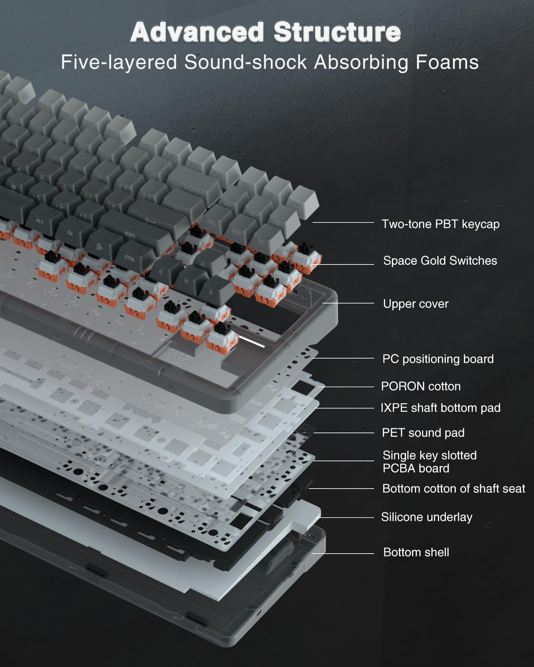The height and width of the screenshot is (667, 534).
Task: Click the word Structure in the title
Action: tap(337, 33)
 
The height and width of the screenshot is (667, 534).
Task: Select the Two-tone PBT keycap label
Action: tap(440, 224)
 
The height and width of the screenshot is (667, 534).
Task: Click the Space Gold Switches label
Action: tap(440, 261)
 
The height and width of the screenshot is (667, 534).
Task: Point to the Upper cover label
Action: tap(415, 304)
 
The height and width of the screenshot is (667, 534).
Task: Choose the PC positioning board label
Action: tap(438, 359)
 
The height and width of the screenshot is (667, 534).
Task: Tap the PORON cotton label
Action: tap(421, 386)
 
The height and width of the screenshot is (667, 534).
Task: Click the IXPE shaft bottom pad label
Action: tap(440, 408)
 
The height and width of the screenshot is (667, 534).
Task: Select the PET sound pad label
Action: tap(423, 433)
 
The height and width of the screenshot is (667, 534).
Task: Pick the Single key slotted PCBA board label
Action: tap(429, 462)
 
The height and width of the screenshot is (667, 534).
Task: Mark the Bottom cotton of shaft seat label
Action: tap(453, 489)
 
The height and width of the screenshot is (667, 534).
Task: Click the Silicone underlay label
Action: tap(426, 517)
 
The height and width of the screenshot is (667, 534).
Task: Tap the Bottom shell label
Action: tap(416, 553)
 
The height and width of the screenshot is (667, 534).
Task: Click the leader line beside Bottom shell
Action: tap(343, 553)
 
